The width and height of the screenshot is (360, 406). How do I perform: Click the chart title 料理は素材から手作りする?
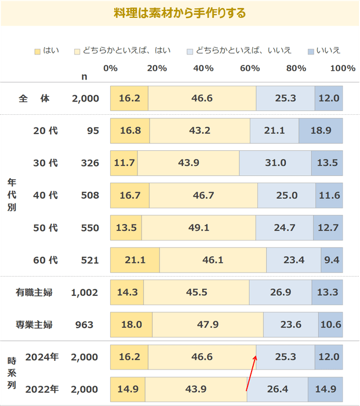180,12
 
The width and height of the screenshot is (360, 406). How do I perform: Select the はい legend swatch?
38,50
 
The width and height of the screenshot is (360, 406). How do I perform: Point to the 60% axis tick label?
249,68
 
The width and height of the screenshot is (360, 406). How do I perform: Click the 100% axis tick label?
343,68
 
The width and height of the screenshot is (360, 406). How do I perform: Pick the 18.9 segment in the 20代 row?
321,130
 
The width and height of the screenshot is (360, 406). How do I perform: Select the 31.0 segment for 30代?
275,163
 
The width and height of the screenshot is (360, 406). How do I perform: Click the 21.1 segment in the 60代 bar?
135,260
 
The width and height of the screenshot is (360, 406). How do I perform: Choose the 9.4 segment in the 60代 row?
332,260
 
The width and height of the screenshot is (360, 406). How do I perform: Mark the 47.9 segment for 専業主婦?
208,325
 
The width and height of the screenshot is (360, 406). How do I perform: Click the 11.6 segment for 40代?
329,195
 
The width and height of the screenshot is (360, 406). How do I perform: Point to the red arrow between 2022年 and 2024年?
251,374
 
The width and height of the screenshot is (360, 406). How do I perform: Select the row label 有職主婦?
34,292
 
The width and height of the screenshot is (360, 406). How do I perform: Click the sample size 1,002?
85,292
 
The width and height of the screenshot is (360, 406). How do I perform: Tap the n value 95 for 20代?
93,130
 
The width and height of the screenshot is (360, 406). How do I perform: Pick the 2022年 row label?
42,389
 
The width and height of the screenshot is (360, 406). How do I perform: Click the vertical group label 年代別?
11,195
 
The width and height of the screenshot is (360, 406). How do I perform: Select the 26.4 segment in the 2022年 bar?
277,389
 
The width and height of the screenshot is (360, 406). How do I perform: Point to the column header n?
85,76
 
